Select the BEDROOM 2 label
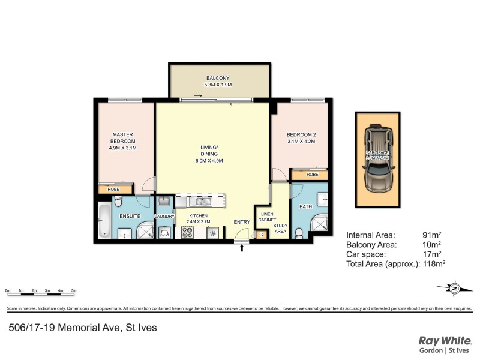(301, 138)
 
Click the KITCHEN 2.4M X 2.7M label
(198, 218)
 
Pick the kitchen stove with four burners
(185, 232)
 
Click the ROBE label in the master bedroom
(113, 189)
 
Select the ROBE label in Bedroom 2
(312, 175)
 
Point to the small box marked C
(261, 234)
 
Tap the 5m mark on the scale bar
(74, 290)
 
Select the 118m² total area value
(434, 263)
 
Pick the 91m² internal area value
(431, 235)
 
